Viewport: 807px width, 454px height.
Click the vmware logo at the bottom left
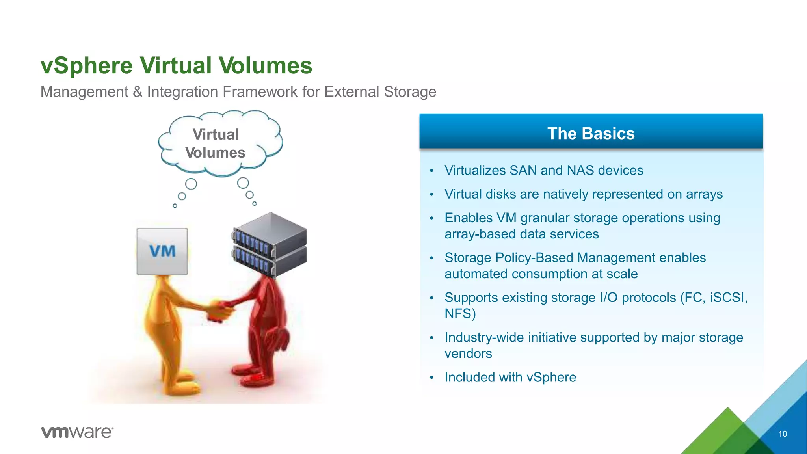pos(77,432)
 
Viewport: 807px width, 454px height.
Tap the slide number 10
pos(782,434)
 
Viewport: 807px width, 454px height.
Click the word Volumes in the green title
pos(266,65)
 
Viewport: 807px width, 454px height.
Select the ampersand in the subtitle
pos(138,92)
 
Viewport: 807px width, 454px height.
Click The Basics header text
pos(591,134)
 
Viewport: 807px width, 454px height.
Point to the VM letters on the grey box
pos(162,251)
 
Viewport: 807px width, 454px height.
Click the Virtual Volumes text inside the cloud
pos(216,143)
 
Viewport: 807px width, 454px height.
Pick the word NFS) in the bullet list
pos(460,314)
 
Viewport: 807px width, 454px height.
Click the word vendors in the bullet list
pos(468,354)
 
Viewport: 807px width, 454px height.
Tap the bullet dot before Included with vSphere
pos(431,378)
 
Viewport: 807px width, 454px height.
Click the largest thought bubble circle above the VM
pos(191,184)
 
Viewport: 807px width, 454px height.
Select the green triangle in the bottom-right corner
pos(727,434)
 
